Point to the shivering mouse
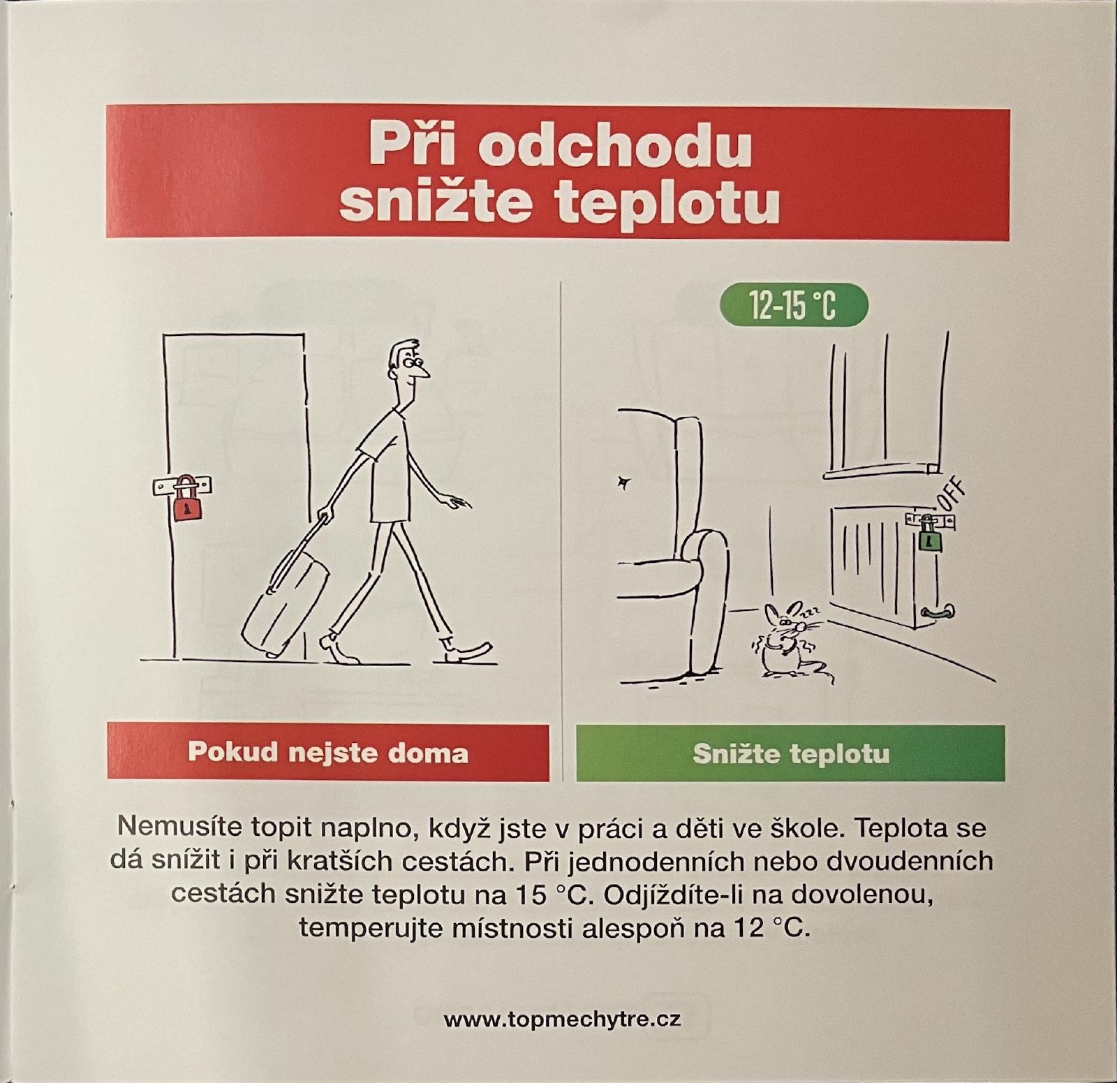785,639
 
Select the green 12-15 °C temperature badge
793,306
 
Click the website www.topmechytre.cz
562,1019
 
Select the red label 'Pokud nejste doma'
328,752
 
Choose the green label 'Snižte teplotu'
790,753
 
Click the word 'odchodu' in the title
614,147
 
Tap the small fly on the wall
623,481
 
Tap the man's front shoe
468,651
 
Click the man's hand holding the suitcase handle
323,517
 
